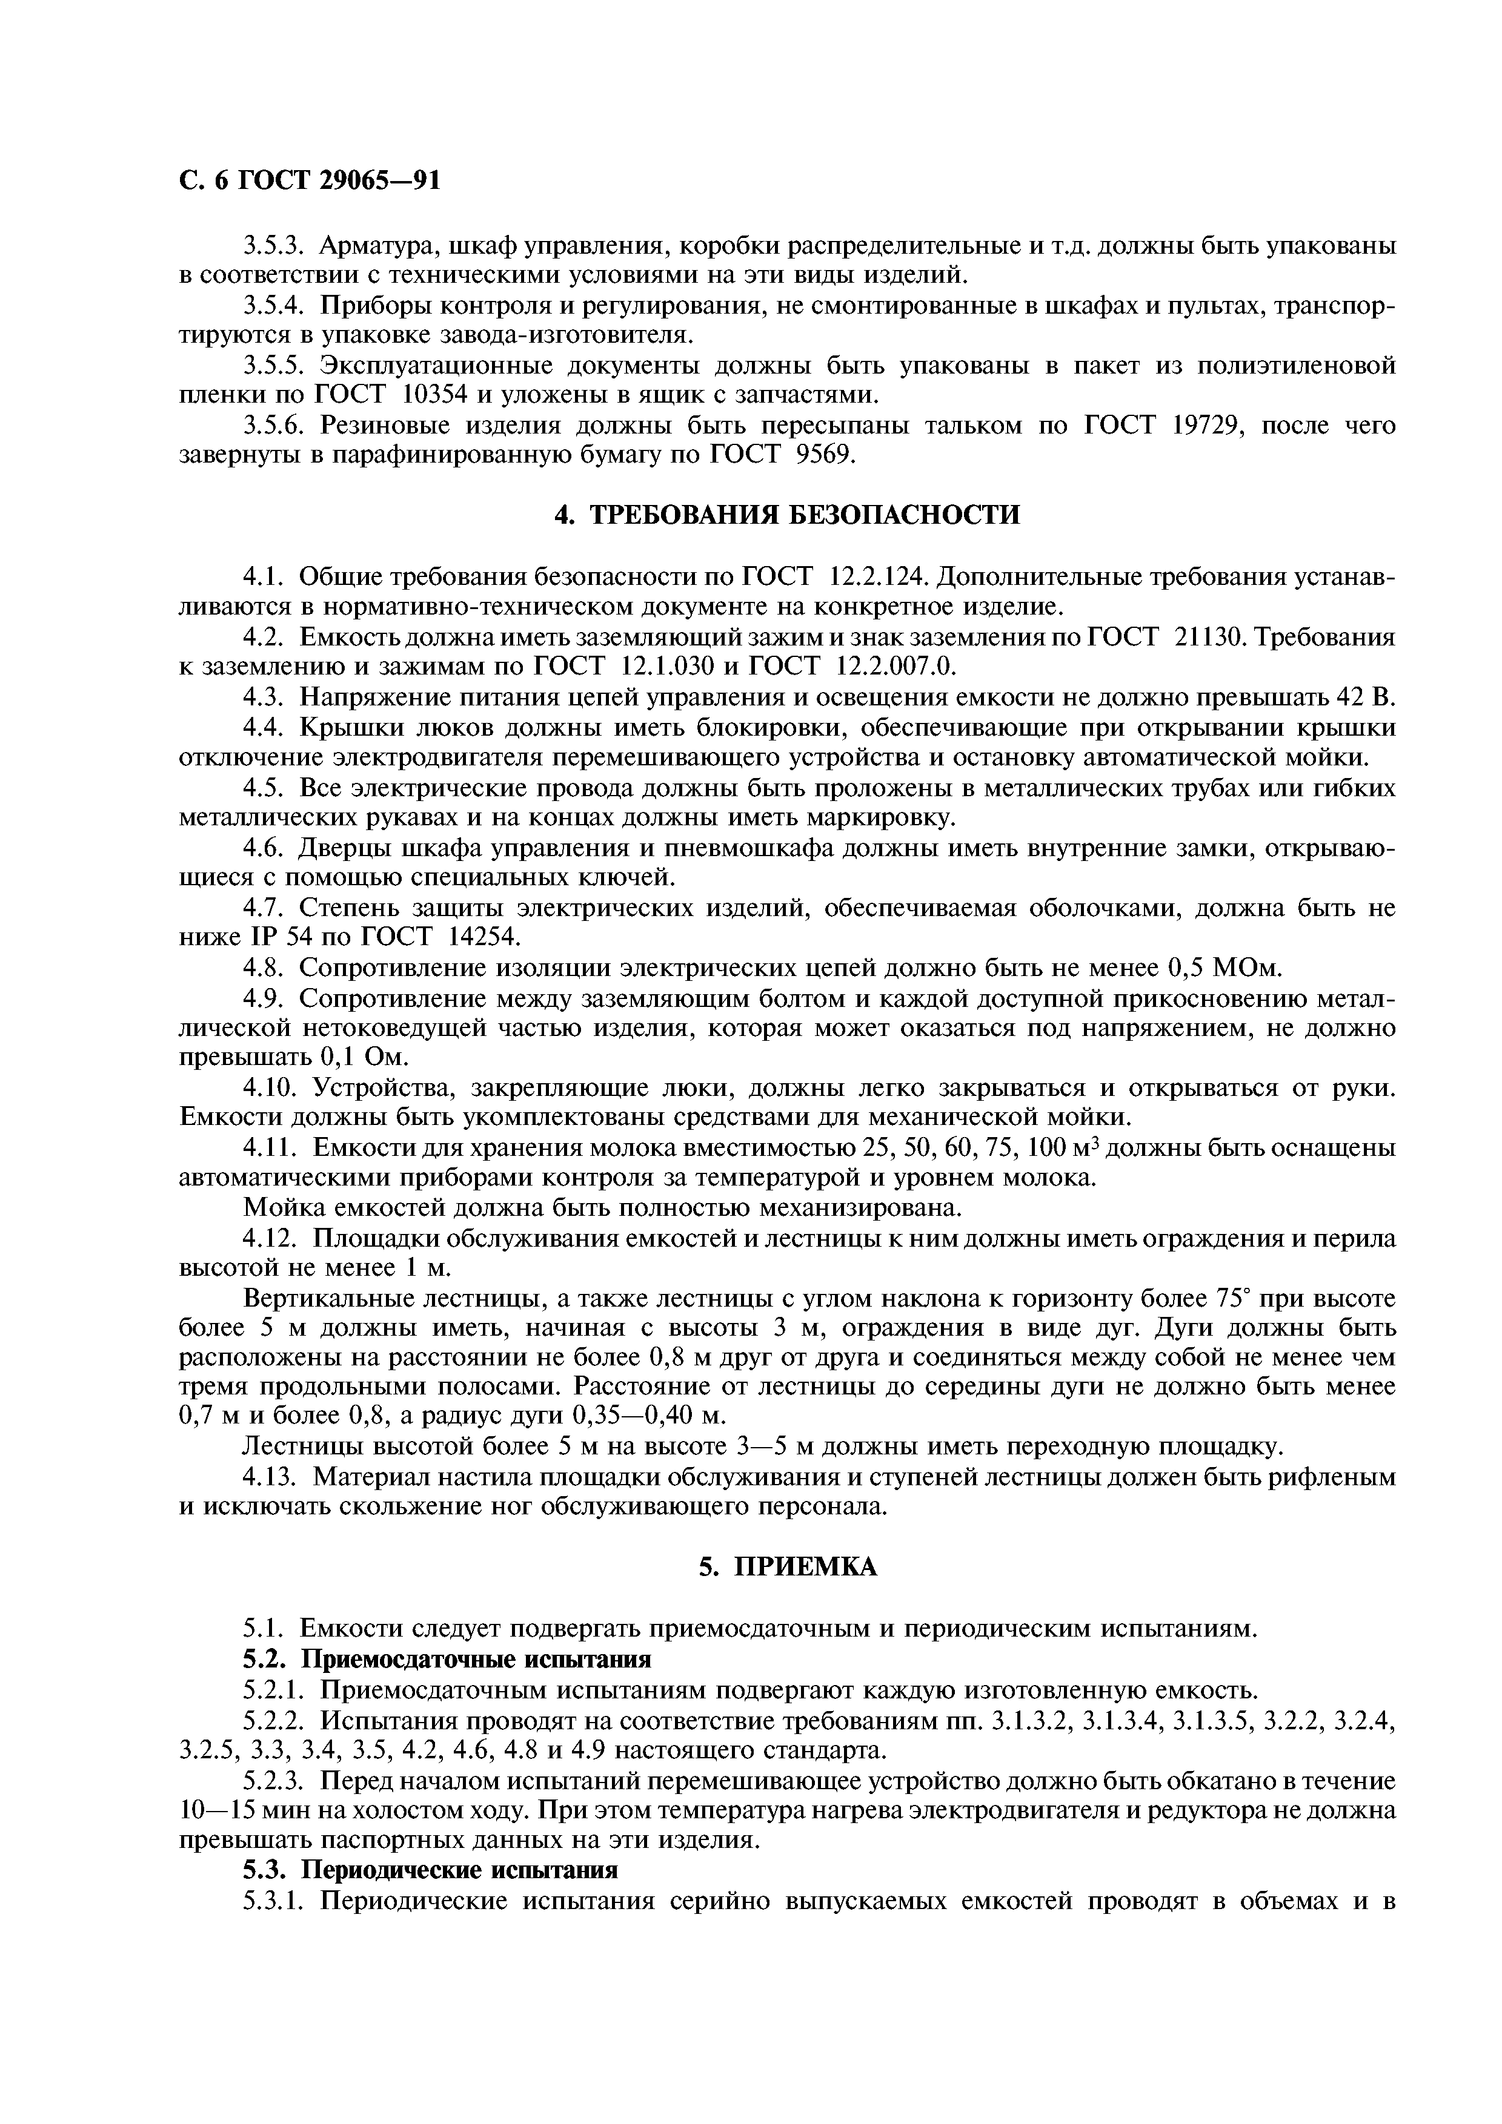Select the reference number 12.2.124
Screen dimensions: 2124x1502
click(879, 577)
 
